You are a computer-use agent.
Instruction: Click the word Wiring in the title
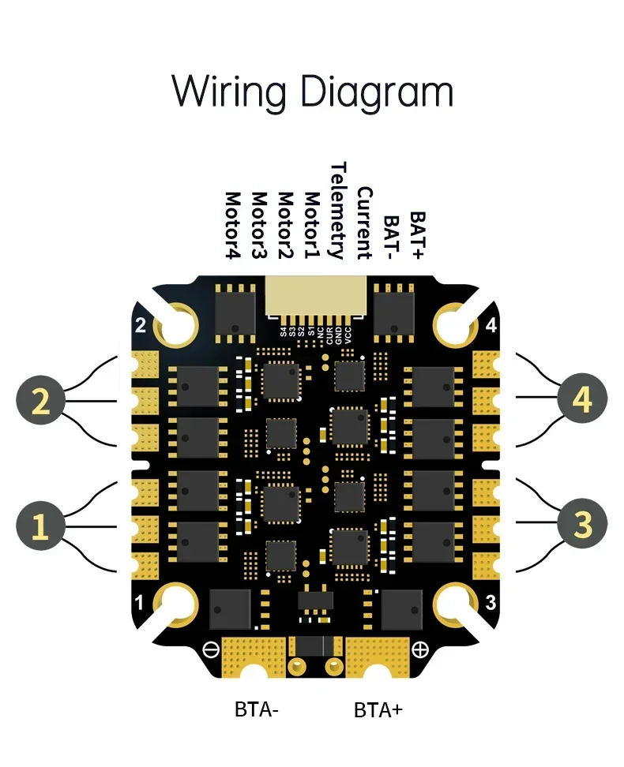228,92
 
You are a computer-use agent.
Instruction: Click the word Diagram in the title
378,92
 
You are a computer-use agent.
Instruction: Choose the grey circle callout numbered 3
582,524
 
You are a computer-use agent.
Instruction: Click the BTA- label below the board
257,709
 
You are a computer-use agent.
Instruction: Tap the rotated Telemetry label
338,211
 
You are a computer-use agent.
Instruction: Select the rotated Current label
364,223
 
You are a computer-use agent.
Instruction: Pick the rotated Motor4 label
232,226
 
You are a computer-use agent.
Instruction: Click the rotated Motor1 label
312,226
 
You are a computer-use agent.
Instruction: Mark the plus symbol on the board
419,650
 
